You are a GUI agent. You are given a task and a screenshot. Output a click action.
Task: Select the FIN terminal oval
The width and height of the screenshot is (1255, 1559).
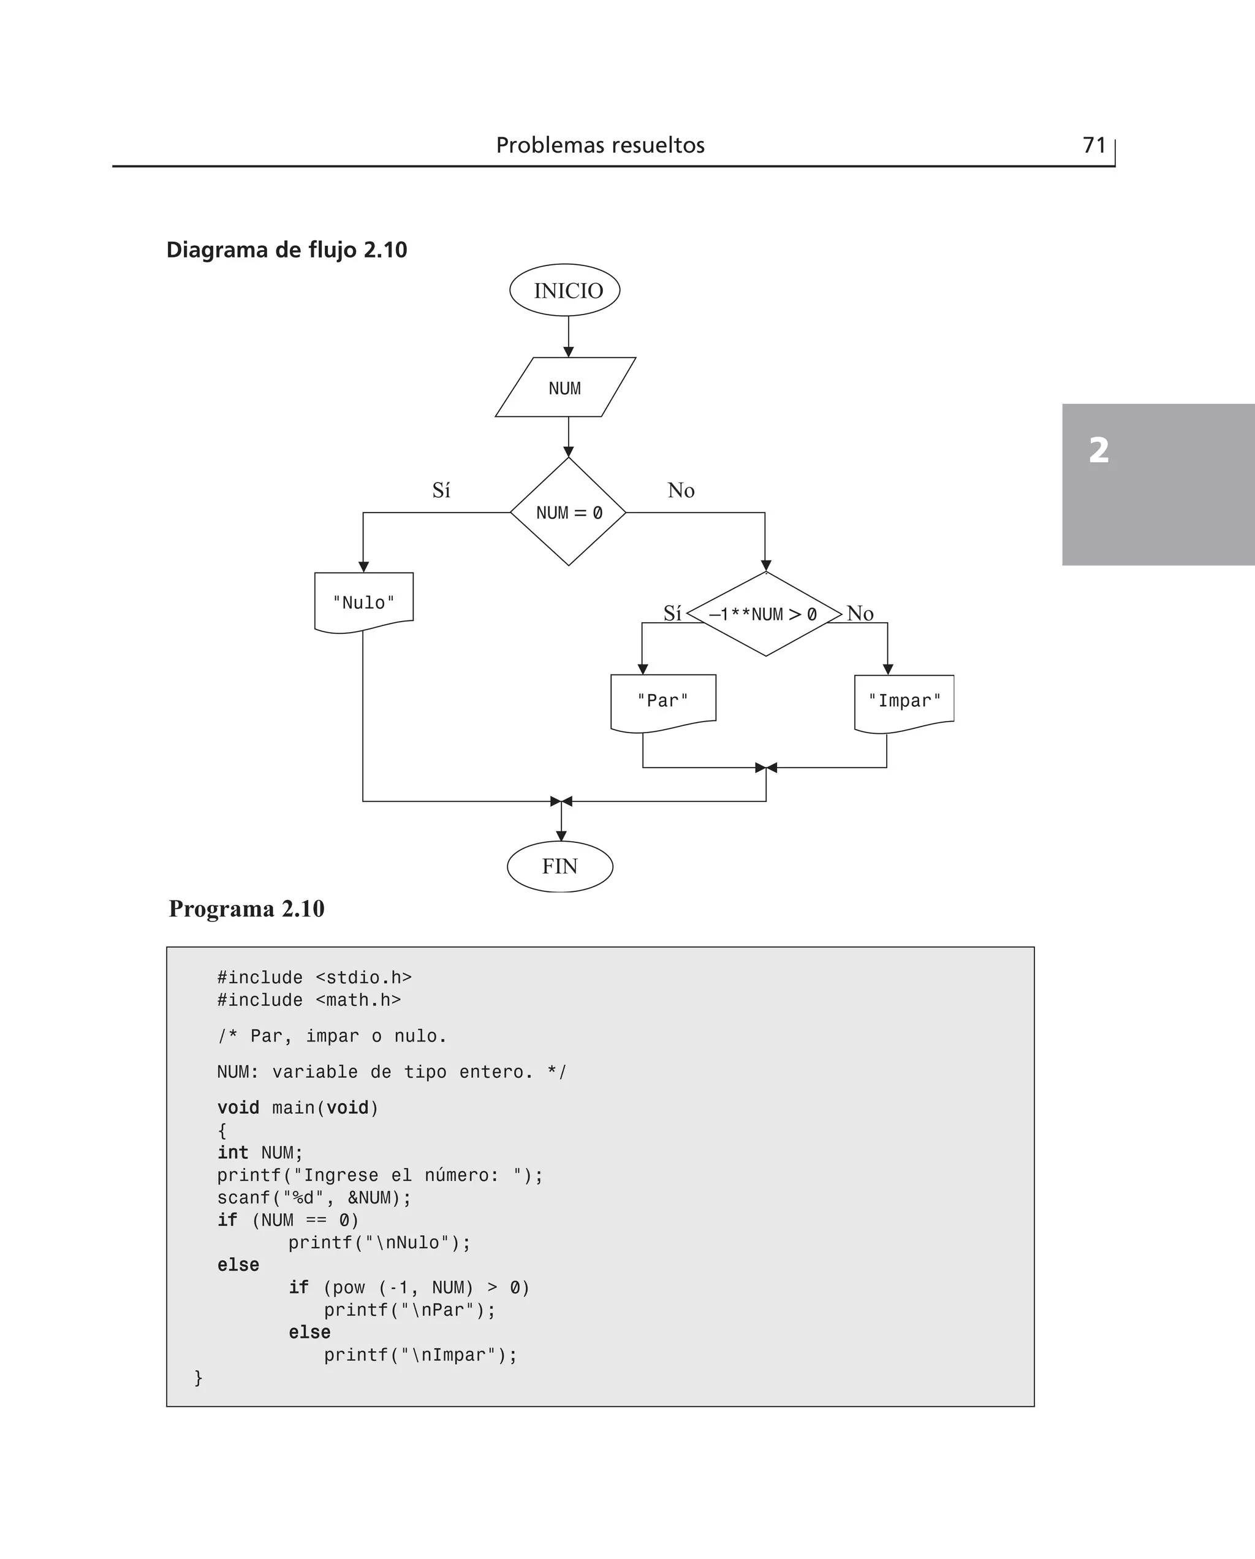(x=559, y=866)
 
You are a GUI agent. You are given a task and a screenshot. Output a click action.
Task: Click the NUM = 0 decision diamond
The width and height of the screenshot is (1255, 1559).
(x=568, y=512)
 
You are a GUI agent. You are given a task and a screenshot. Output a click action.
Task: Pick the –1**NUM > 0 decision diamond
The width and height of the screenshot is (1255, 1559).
(x=764, y=614)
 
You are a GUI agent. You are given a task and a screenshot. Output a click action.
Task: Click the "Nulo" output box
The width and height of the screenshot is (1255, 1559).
(x=363, y=601)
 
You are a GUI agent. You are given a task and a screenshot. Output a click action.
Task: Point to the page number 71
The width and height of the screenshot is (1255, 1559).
(x=1094, y=145)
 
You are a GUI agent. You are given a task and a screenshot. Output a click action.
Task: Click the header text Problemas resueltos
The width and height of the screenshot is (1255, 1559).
(x=600, y=145)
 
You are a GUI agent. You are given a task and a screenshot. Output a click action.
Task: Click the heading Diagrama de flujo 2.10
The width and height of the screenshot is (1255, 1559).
(x=286, y=250)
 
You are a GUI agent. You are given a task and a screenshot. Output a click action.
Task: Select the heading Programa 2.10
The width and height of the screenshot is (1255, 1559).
(x=246, y=908)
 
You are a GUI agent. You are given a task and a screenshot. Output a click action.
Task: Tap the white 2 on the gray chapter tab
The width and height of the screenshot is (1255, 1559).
(x=1098, y=450)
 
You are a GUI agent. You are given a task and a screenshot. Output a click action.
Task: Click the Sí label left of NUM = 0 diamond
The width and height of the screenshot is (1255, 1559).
(x=441, y=490)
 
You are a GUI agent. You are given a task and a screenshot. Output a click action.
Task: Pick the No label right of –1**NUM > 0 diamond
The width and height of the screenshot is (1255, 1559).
(x=860, y=613)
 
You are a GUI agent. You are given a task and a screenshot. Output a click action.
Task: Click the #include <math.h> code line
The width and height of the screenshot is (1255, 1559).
(x=309, y=999)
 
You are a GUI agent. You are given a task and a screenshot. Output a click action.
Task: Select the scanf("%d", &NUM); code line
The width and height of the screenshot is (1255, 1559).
(x=314, y=1197)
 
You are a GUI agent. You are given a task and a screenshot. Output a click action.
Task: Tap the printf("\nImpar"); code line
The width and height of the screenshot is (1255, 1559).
(x=420, y=1354)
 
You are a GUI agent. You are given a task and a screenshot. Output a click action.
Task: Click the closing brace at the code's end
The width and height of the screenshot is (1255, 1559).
(x=198, y=1377)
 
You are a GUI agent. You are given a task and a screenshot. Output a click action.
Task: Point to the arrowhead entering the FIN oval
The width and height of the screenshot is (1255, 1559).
(x=561, y=836)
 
